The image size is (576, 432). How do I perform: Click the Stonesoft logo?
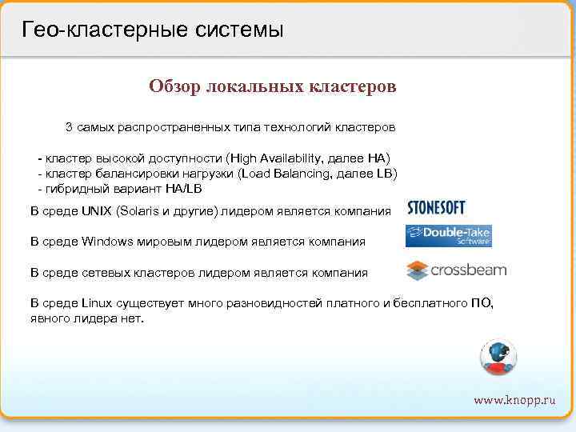[436, 208]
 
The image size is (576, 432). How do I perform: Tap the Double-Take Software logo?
[448, 236]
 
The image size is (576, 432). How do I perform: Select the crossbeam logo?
[456, 270]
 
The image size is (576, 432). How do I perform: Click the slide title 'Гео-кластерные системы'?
[153, 30]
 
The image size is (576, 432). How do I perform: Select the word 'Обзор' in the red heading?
[174, 86]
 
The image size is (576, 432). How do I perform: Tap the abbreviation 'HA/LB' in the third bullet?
[183, 188]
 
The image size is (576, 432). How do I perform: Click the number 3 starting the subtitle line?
[69, 127]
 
